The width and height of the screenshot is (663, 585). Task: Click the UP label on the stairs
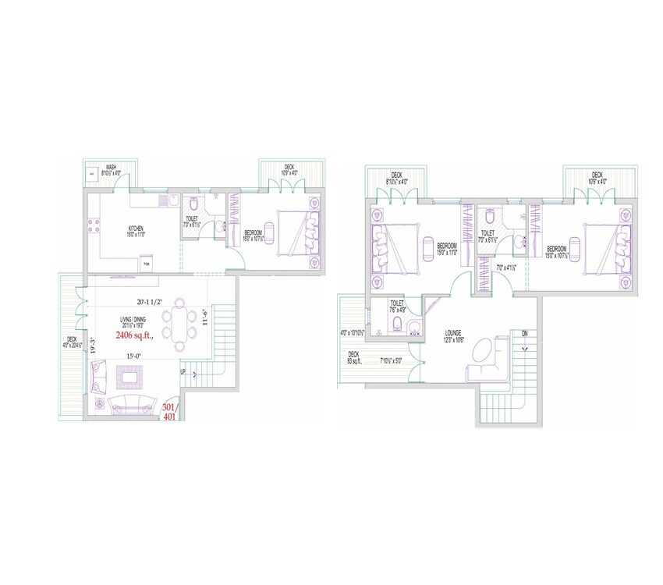(183, 372)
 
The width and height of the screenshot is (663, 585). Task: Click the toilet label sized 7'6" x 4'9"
(397, 307)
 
